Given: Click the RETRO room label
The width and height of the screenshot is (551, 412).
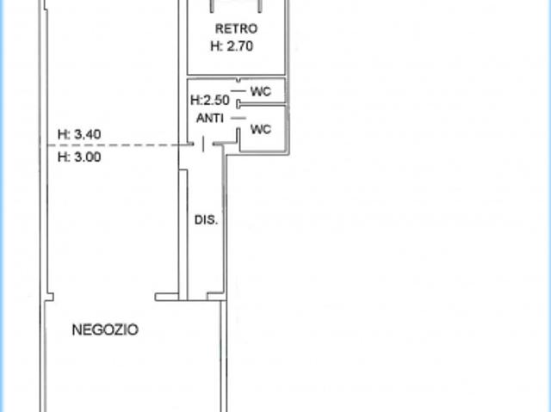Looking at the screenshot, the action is tap(236, 28).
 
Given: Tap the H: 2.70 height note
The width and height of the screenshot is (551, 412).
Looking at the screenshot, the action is tap(232, 46).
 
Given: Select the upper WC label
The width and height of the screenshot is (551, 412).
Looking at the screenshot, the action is tap(261, 91).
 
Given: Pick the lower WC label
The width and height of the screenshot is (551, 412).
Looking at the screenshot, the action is tap(261, 130).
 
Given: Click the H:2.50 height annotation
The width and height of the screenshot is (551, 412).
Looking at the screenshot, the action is tap(210, 101).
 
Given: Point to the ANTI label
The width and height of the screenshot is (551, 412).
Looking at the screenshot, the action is tap(210, 118).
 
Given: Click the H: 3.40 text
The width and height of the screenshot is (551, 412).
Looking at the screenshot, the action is tap(79, 134).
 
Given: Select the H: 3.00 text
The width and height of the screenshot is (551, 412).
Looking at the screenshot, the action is tap(79, 157).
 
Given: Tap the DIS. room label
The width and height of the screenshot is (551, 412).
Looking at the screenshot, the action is tap(207, 220).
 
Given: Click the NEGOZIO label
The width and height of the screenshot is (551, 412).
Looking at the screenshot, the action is tap(105, 330).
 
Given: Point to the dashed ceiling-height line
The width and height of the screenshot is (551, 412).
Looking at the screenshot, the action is tap(120, 145).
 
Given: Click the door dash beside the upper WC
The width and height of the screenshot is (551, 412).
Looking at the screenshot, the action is tap(238, 91).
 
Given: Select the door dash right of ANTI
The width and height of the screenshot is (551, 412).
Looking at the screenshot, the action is tap(238, 118).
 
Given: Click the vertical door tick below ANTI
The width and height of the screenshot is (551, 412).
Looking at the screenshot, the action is tap(203, 145).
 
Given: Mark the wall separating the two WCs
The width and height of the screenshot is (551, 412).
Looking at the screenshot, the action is tap(261, 104).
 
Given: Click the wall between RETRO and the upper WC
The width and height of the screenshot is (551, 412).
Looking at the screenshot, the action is tap(236, 77).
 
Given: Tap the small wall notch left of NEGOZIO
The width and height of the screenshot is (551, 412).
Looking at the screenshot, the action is tap(50, 297).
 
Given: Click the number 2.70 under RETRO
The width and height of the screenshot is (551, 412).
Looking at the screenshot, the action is tap(240, 46).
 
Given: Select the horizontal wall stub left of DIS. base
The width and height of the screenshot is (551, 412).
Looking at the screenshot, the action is tap(167, 297).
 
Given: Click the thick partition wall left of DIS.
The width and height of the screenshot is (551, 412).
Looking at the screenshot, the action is tap(183, 235).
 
